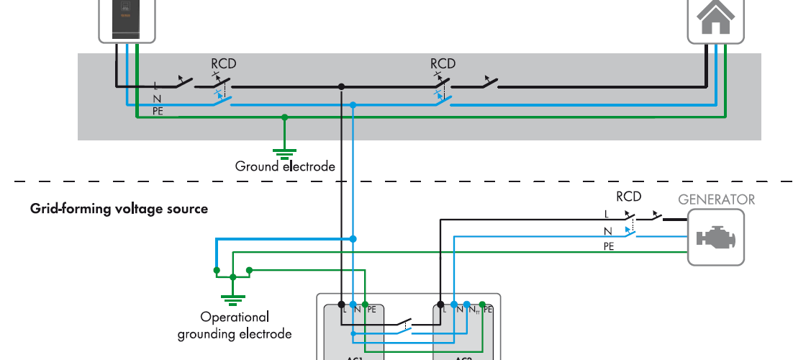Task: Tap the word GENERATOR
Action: pos(717,199)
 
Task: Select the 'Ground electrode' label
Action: pos(285,166)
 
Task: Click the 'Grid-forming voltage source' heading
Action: pos(119,209)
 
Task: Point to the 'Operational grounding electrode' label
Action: pos(235,325)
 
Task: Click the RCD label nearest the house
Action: pos(443,64)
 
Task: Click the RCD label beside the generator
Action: pos(628,196)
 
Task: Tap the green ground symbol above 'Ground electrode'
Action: pos(285,152)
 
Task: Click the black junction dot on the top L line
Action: pos(341,86)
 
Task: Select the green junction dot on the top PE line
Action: pos(285,117)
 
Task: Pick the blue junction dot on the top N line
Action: pos(353,105)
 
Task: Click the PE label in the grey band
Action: pos(158,112)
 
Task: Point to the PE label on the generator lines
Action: pos(609,246)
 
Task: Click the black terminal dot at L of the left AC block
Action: pos(341,304)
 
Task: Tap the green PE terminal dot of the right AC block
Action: pos(482,304)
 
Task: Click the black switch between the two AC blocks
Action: pos(400,323)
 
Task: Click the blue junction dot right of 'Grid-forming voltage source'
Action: pos(353,238)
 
